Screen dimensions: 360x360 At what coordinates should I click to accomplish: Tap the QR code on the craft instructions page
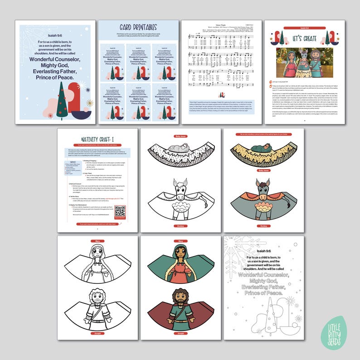pos(120,211)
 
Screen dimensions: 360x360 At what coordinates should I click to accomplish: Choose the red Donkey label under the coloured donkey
pos(263,225)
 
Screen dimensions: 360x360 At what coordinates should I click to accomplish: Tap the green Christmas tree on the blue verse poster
pos(62,101)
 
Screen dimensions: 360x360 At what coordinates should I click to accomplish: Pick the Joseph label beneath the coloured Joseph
pos(181,333)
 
